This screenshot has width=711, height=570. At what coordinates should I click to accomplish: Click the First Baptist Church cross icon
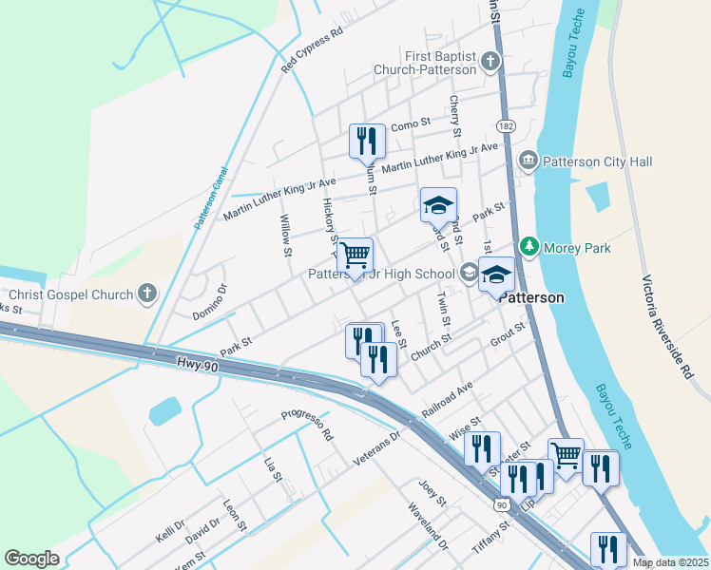click(x=490, y=63)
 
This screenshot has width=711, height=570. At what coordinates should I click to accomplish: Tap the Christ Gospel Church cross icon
click(x=146, y=293)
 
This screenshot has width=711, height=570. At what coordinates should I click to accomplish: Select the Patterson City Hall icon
click(x=528, y=162)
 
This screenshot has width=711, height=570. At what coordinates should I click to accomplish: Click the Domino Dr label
click(x=209, y=301)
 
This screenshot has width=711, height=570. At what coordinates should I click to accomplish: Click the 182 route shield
click(x=505, y=126)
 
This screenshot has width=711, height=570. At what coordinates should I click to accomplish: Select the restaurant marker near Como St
click(x=366, y=142)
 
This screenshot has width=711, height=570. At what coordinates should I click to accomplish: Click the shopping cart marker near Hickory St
click(x=355, y=255)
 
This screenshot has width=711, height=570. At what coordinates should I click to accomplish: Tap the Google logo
click(x=32, y=559)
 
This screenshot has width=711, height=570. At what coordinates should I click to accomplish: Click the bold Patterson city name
click(x=532, y=297)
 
